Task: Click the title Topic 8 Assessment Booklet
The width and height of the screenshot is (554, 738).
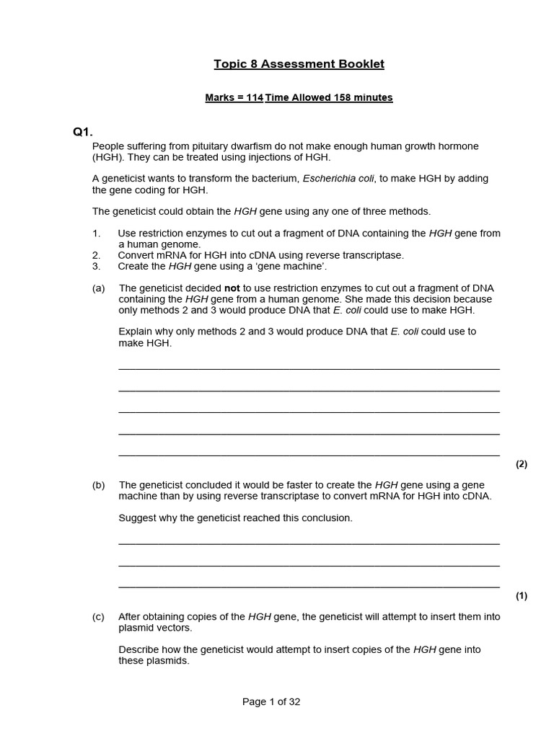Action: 299,64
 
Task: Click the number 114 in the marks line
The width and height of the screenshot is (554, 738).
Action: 255,98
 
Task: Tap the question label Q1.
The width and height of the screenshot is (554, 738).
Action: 83,132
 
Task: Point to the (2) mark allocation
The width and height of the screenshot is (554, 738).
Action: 522,464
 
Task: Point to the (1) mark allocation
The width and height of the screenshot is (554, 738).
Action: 522,596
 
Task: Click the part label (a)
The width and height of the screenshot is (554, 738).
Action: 99,288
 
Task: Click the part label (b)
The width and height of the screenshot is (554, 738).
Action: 99,485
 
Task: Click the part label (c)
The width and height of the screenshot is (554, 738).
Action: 99,617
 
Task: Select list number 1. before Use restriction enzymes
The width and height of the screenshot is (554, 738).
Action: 96,234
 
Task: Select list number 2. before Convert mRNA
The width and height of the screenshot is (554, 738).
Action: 96,255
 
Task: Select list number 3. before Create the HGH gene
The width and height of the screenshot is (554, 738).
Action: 96,266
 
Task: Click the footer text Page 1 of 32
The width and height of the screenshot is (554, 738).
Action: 271,703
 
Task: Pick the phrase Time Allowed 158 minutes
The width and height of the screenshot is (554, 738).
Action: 329,98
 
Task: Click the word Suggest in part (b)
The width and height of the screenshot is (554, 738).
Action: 137,518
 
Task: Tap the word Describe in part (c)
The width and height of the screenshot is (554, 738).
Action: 139,649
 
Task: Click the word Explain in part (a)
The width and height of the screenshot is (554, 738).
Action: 136,332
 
